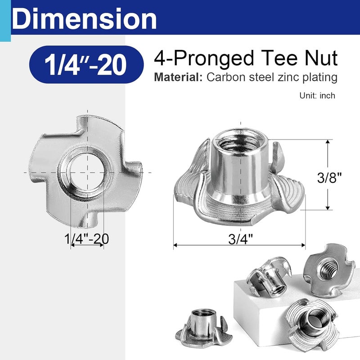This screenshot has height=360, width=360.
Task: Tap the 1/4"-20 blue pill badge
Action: (x=83, y=65)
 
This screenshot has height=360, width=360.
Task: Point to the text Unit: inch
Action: (x=317, y=96)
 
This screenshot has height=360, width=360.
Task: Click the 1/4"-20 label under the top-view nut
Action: (x=87, y=239)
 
